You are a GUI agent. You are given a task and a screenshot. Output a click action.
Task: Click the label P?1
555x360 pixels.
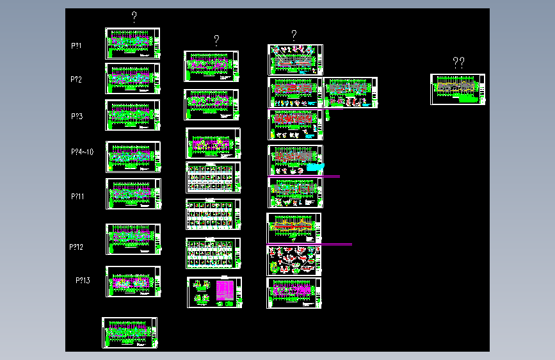pos(76,46)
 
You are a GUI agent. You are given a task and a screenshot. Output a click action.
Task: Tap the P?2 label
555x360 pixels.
pos(76,79)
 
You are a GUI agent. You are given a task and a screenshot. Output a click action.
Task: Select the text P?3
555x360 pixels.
pos(77,117)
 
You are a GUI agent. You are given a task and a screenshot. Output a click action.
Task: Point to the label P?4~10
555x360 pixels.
pos(83,152)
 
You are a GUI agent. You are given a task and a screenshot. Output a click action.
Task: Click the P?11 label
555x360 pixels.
pos(78,196)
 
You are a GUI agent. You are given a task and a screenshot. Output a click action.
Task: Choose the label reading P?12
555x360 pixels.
pos(77,247)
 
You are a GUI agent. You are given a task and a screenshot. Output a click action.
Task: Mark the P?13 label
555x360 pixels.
pos(83,281)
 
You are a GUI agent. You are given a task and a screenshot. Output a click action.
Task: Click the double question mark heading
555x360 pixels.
pos(458,62)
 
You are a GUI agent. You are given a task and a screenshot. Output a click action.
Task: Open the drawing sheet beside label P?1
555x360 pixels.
pos(133,44)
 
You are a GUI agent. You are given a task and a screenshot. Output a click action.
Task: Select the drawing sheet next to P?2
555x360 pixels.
pos(133,79)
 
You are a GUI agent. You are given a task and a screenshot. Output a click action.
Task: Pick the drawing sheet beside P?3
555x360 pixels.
pos(133,115)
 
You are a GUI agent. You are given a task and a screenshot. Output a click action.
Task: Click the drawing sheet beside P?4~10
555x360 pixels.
pos(133,157)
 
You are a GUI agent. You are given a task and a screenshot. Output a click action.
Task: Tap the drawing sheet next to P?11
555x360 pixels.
pos(133,193)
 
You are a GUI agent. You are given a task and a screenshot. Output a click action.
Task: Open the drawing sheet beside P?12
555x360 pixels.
pos(133,240)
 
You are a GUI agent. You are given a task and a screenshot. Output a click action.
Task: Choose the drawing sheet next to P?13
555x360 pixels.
pos(133,282)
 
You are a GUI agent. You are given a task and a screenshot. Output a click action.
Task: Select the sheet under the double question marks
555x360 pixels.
pos(458,89)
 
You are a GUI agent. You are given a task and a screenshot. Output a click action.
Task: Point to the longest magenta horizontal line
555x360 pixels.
pos(309,244)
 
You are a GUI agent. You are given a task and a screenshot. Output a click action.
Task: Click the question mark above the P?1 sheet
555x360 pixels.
pos(133,17)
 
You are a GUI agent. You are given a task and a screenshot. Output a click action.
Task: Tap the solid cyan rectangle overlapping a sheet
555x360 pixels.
pos(316,167)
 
